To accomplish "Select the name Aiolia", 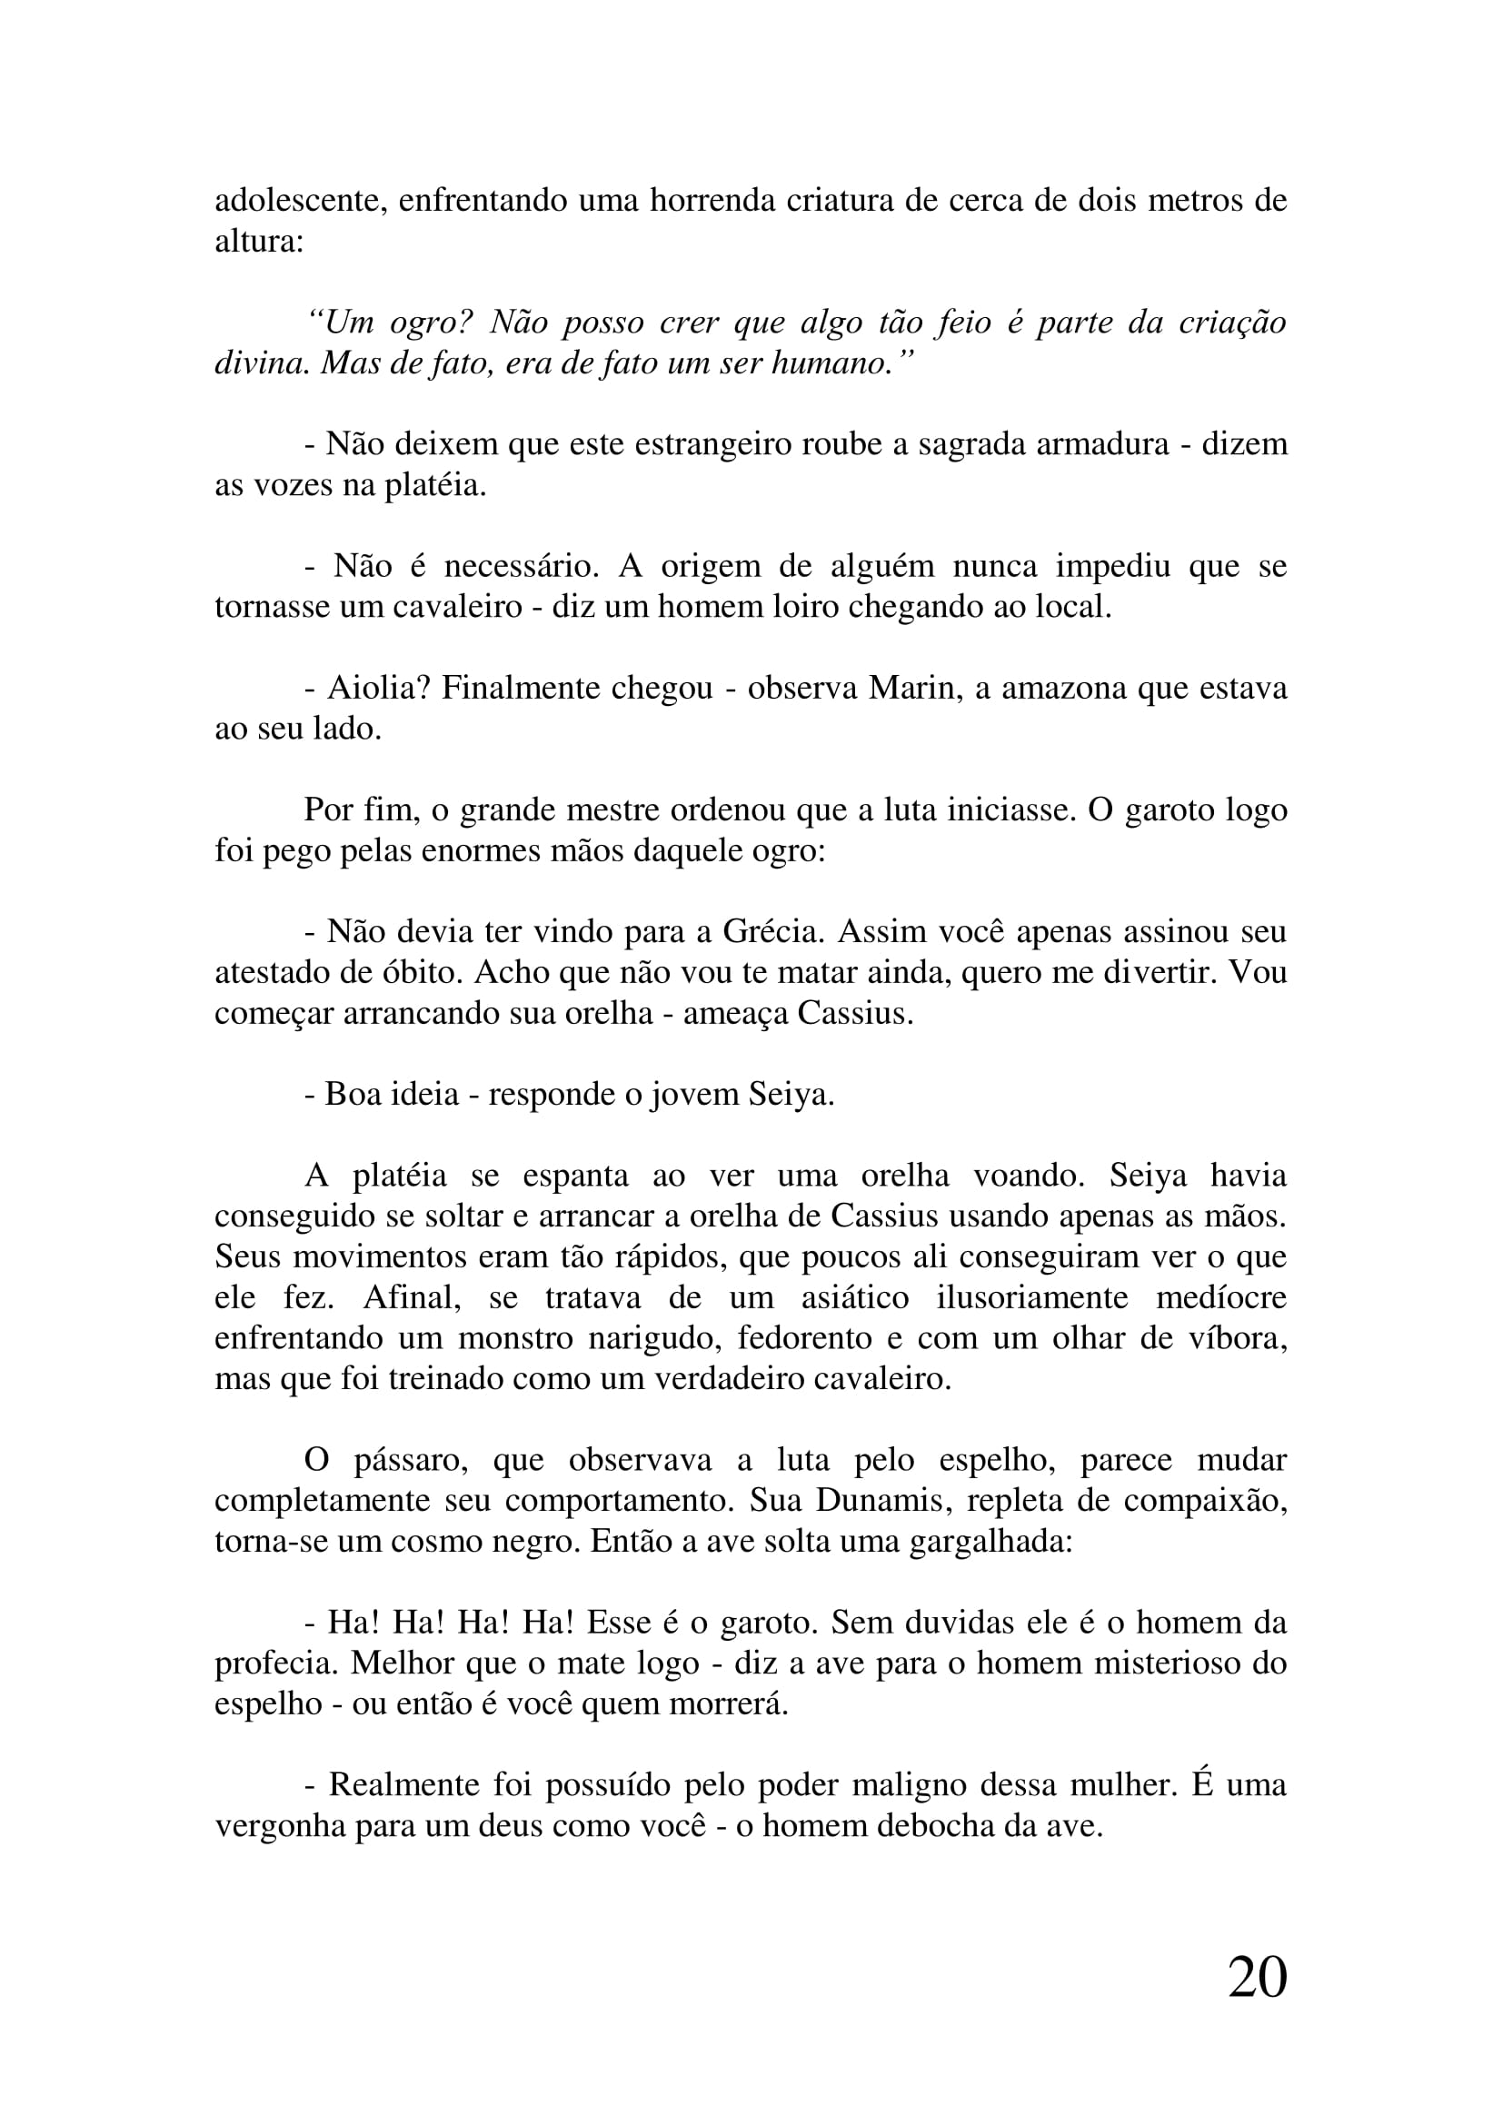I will coord(379,688).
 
